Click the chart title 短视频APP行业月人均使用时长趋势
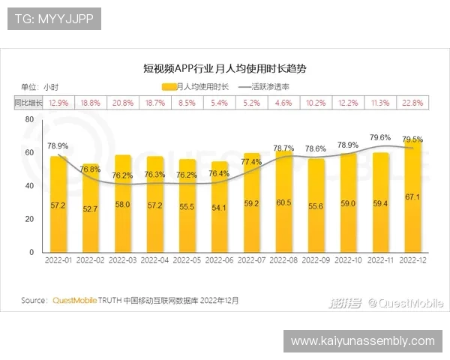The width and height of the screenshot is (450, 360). [224, 68]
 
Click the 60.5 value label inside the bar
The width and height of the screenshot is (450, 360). [284, 203]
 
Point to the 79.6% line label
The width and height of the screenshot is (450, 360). [380, 137]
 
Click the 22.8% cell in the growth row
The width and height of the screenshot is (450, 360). [412, 102]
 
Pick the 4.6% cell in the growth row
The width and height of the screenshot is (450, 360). [284, 102]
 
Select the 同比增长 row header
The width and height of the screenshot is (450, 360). [28, 102]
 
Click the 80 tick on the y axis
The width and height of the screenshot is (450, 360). [29, 120]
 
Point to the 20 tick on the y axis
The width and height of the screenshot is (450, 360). [29, 219]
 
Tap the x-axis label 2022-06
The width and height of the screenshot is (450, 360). [220, 260]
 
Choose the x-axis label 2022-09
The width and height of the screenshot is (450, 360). [316, 260]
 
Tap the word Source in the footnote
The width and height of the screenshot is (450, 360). [34, 301]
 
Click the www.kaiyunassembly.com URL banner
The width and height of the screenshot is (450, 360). [362, 341]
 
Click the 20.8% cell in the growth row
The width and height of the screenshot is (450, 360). [122, 102]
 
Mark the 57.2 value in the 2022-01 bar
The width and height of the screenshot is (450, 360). [58, 204]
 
